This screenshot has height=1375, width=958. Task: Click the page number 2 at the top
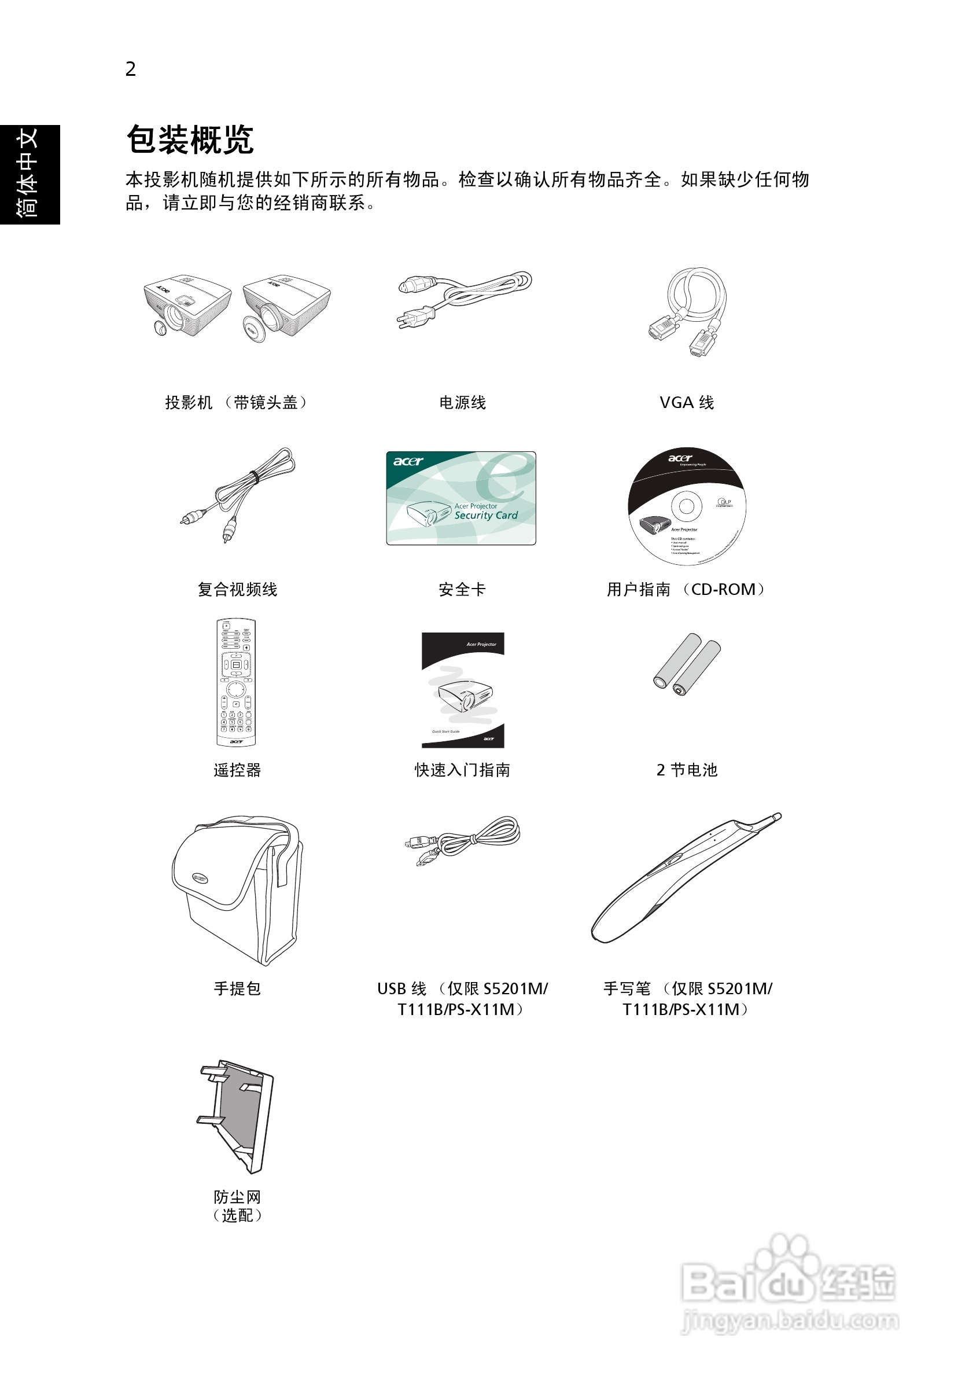pos(131,69)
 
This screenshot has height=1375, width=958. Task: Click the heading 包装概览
pos(190,139)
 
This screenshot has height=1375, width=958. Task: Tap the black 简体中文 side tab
pos(30,174)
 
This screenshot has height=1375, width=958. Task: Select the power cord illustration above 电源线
pos(465,299)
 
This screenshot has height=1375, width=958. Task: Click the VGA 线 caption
pos(686,402)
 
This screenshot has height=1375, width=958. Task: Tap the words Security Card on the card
pos(486,516)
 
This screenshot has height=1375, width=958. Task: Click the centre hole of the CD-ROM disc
pos(686,506)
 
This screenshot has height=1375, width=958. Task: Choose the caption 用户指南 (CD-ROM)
pos(686,590)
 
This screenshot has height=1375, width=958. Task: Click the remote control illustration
pos(236,683)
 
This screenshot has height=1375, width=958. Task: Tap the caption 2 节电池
pos(686,770)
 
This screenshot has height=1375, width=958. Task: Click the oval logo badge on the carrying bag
pos(200,878)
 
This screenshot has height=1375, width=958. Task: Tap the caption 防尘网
pos(237,1197)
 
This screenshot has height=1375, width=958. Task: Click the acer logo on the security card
pos(408,461)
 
